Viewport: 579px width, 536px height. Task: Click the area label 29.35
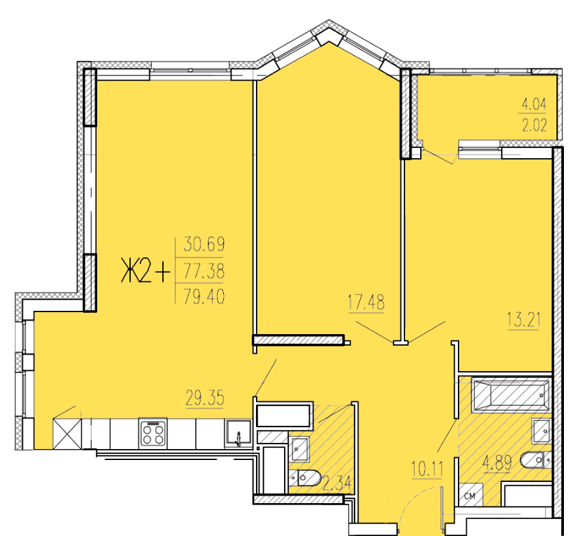[x=205, y=399]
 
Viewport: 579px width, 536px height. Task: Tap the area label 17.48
[x=366, y=302]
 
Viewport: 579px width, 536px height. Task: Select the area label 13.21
[x=524, y=320]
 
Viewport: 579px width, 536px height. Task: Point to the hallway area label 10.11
[x=427, y=470]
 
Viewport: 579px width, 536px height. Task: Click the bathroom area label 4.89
[x=498, y=463]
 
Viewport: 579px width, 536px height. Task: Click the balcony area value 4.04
[x=534, y=105]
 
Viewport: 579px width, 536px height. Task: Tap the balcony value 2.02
[x=534, y=125]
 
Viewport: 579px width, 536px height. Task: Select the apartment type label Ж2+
[x=146, y=271]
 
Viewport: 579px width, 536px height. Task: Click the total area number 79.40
[x=204, y=296]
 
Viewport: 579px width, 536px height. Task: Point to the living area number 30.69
[x=204, y=244]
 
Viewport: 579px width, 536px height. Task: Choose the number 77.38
[x=204, y=272]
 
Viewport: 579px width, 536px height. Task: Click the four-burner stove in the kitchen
[x=153, y=433]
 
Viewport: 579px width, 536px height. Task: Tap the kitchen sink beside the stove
[x=238, y=433]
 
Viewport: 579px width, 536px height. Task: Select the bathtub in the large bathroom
[x=511, y=395]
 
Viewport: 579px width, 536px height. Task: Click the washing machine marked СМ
[x=470, y=495]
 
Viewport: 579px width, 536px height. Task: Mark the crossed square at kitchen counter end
[x=67, y=433]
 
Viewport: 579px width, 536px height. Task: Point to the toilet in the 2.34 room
[x=305, y=478]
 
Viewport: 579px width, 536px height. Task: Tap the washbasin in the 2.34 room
[x=300, y=449]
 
